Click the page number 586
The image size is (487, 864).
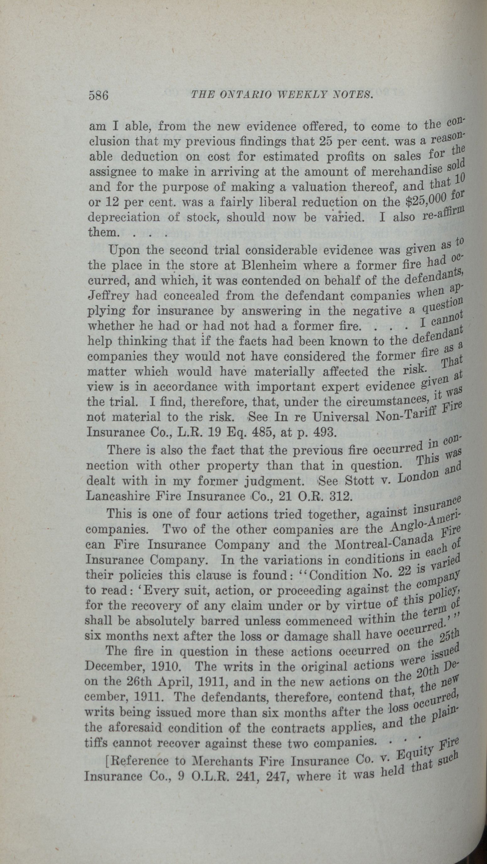click(99, 96)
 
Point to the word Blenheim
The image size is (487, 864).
click(269, 266)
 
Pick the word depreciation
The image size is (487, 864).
click(123, 217)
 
